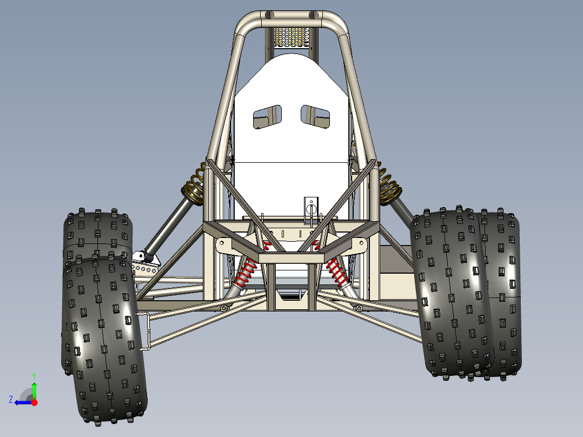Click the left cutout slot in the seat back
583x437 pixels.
pyautogui.click(x=268, y=117)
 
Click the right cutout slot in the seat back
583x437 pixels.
pyautogui.click(x=315, y=116)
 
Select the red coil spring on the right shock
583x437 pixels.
pyautogui.click(x=337, y=273)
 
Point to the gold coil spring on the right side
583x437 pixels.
pyautogui.click(x=389, y=184)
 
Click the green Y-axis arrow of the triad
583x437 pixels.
pyautogui.click(x=34, y=388)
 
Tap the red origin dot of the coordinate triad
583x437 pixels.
pyautogui.click(x=34, y=402)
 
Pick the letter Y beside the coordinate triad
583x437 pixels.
pyautogui.click(x=34, y=375)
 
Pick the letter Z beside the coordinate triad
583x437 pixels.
pyautogui.click(x=11, y=400)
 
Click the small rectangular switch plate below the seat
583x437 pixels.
pyautogui.click(x=311, y=209)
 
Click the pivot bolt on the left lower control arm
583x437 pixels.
pyautogui.click(x=223, y=308)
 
